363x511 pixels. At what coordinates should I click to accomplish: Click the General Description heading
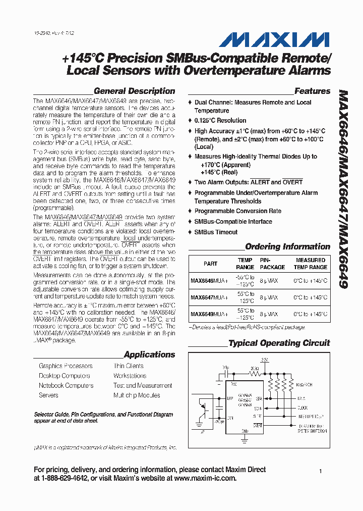(x=134, y=91)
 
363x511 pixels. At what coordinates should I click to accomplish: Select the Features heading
(x=312, y=91)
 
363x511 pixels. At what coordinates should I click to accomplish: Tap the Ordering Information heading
(x=287, y=247)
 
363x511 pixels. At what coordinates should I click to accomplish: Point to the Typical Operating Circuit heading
(x=279, y=343)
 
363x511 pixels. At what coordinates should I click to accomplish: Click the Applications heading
(x=149, y=355)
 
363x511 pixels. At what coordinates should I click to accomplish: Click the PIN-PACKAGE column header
(x=272, y=264)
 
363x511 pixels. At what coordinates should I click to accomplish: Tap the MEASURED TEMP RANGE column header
(x=311, y=264)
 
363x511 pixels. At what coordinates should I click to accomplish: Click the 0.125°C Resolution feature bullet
(x=220, y=121)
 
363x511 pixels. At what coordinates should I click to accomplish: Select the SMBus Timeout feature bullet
(x=216, y=232)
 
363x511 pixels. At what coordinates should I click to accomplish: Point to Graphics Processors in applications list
(x=66, y=366)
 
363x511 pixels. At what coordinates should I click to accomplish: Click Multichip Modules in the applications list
(x=137, y=395)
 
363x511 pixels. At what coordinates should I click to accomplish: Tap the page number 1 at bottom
(x=320, y=471)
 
